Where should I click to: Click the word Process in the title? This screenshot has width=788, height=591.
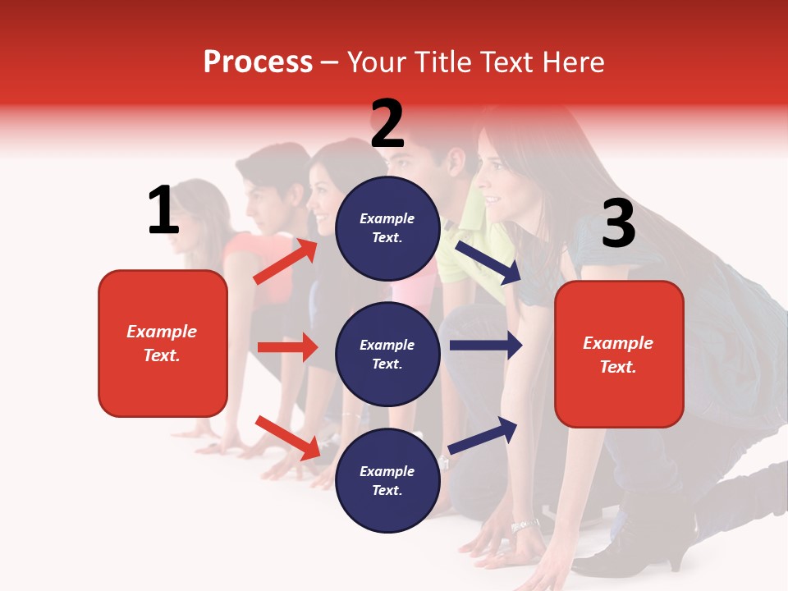(x=258, y=62)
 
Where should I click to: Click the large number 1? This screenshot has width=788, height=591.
(x=163, y=211)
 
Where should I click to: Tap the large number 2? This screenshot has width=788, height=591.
(x=387, y=124)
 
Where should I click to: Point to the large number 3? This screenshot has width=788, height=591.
(x=618, y=223)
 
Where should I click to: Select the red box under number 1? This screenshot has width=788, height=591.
(x=163, y=343)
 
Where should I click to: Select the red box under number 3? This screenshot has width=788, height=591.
(x=619, y=354)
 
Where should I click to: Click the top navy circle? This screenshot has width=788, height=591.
(x=387, y=228)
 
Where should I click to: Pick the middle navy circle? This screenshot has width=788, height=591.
(x=387, y=355)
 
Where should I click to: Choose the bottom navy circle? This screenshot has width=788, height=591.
(x=387, y=481)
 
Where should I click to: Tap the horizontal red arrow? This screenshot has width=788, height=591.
(x=287, y=347)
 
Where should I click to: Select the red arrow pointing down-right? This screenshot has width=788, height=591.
(x=287, y=438)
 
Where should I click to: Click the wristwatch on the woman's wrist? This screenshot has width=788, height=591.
(x=525, y=525)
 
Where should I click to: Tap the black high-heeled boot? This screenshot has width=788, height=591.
(x=657, y=534)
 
